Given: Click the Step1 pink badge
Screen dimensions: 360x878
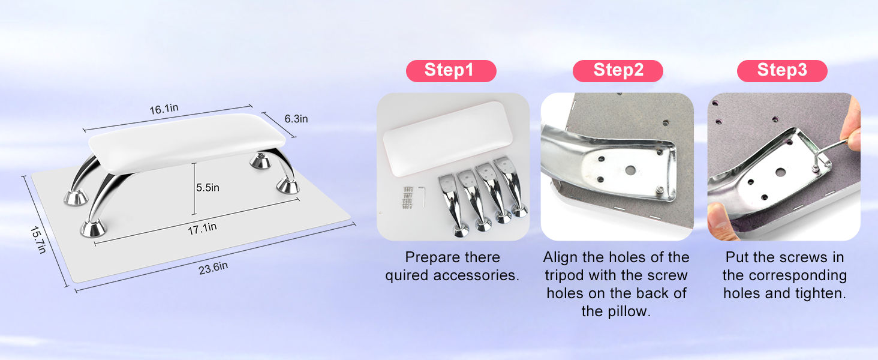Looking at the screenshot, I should point(451,71).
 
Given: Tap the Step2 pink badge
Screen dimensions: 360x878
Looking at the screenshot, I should point(618,71).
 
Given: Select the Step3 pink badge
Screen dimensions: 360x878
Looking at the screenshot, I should point(782,71).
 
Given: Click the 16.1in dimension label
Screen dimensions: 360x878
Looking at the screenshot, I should point(164,109).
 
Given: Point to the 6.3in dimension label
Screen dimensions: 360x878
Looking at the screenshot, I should point(296,119).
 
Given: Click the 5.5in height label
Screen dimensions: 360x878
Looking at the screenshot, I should point(208,188).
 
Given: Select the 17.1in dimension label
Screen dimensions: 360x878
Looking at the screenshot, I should point(202,227).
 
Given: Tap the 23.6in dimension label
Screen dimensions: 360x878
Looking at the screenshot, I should point(213,268).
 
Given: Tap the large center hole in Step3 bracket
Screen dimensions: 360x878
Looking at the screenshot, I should point(780,172).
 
